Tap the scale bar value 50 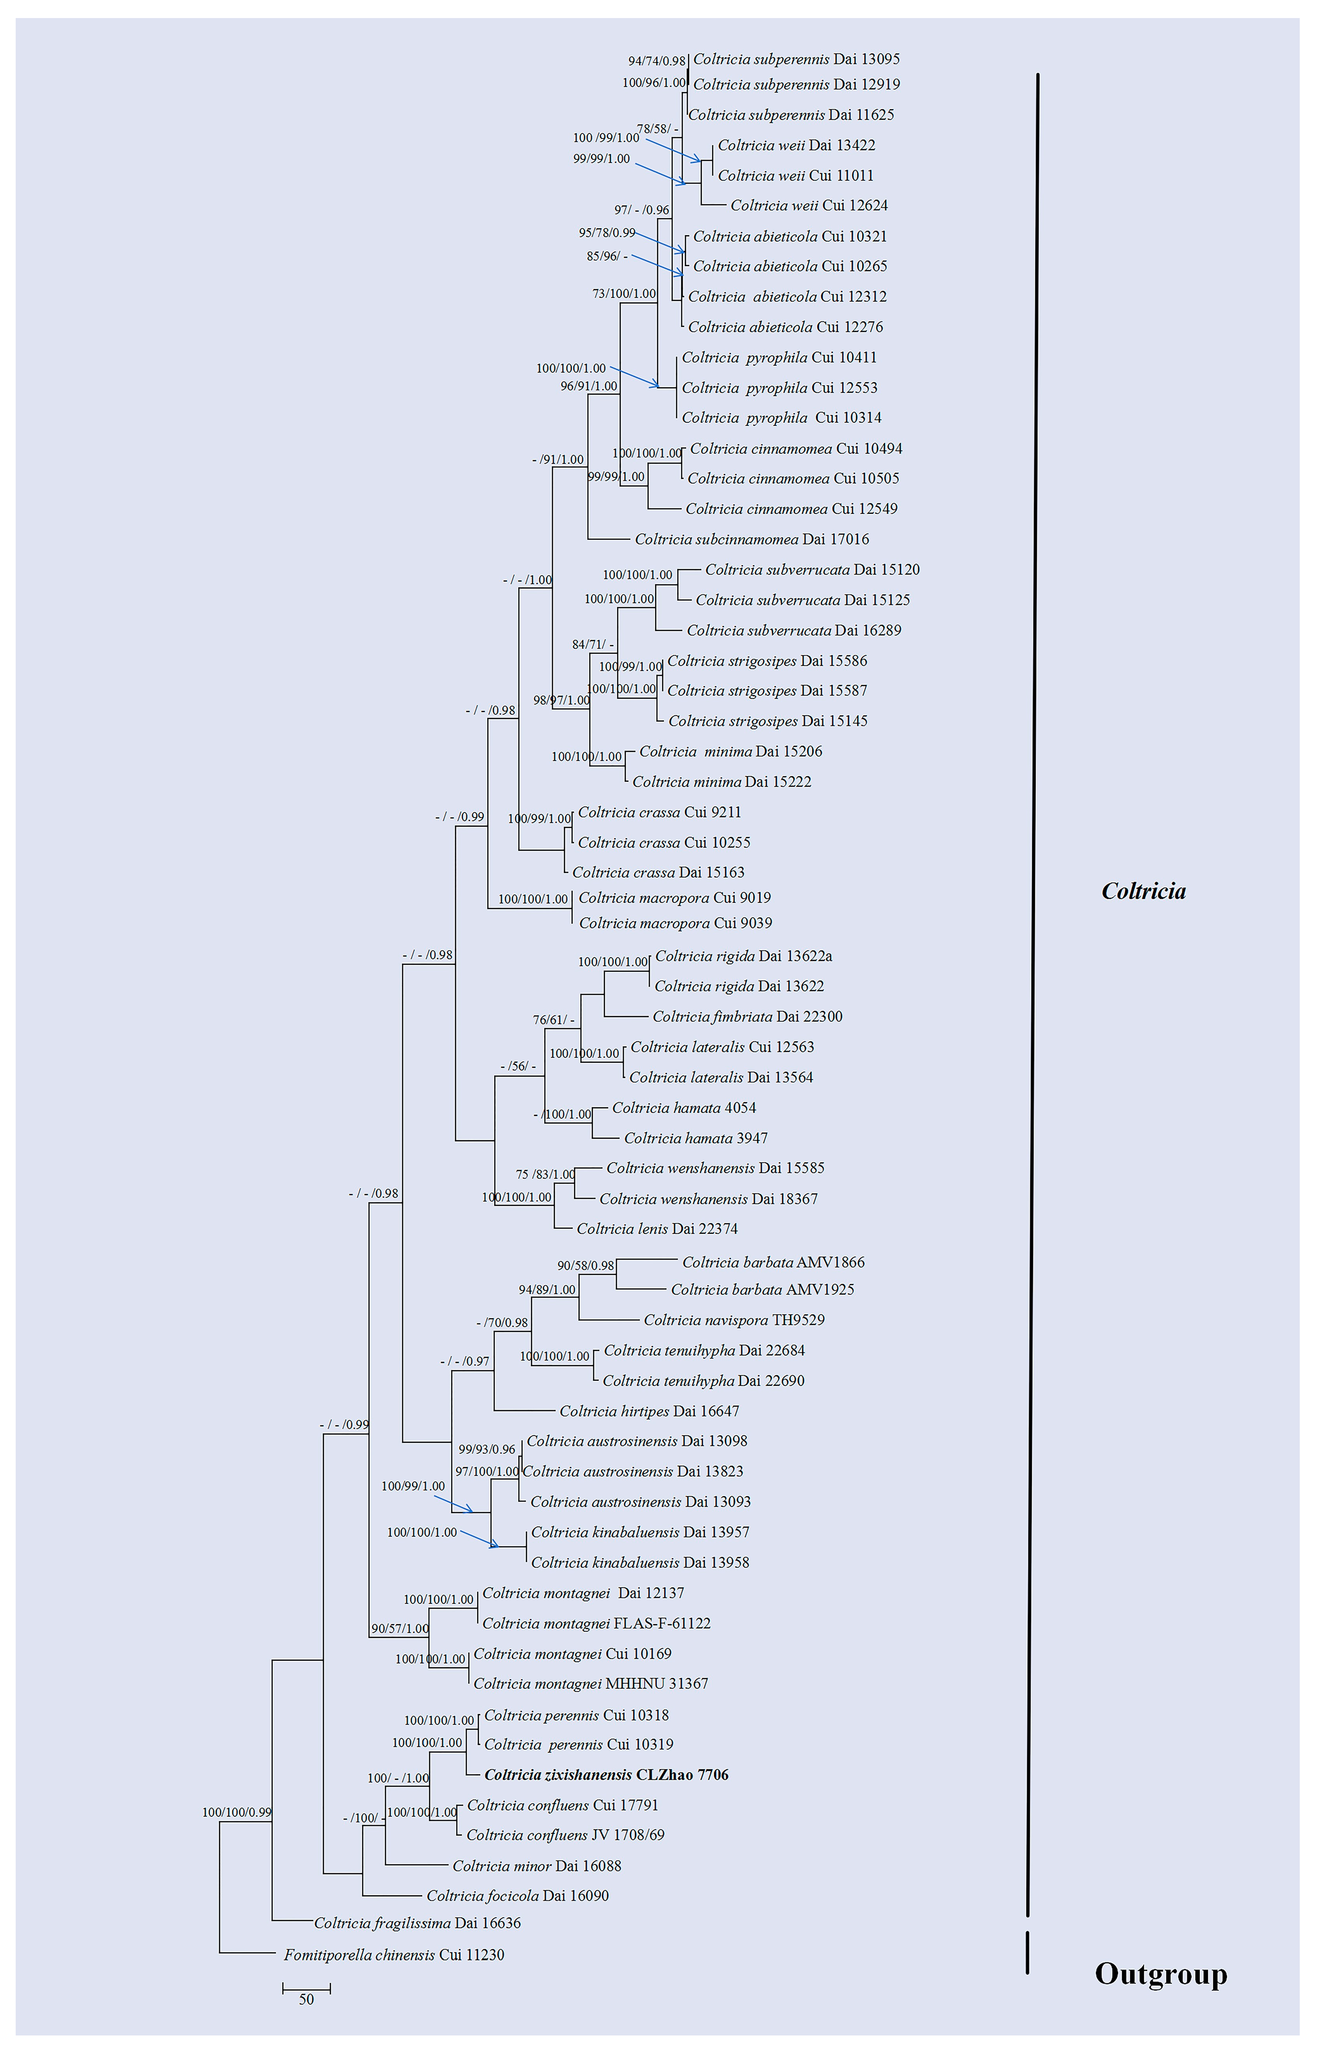[x=306, y=1999]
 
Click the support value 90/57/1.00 [x=399, y=1628]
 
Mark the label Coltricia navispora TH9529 [x=734, y=1320]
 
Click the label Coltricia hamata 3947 [x=695, y=1138]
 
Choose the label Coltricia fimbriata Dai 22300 [x=747, y=1016]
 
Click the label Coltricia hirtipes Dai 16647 [x=649, y=1411]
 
